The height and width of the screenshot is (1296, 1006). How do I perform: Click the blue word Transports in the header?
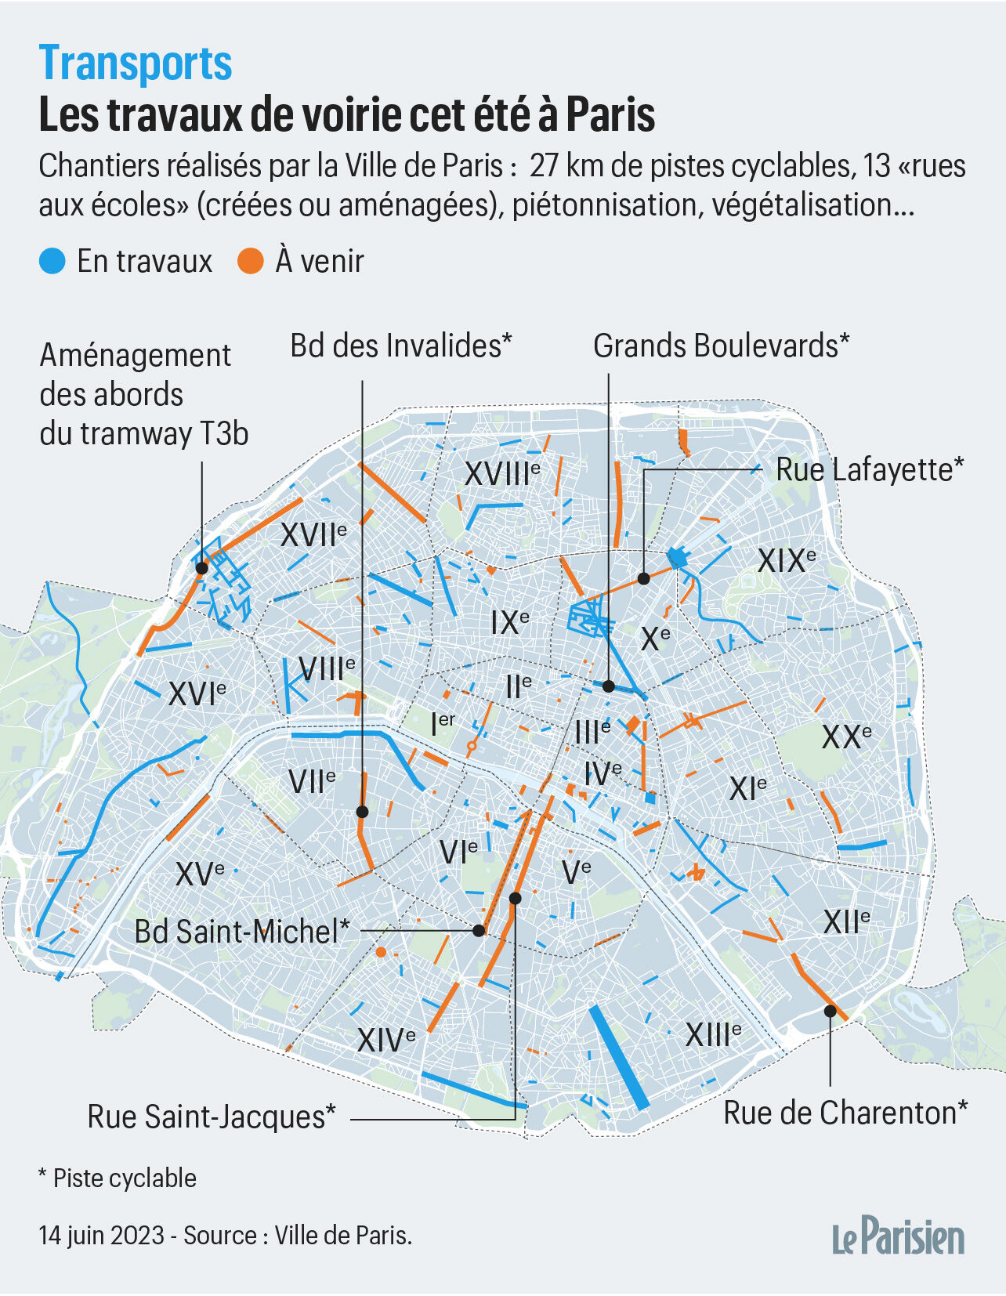(x=136, y=63)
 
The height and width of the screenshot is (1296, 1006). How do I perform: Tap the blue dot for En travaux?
(x=52, y=261)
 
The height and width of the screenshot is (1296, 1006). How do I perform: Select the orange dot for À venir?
(x=250, y=261)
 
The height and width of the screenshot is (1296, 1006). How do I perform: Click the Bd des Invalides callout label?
(x=400, y=346)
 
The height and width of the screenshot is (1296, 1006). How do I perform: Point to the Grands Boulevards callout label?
(x=721, y=346)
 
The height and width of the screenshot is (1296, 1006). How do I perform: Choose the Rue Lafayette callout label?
(x=870, y=469)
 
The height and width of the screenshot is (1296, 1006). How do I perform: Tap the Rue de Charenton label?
(x=845, y=1113)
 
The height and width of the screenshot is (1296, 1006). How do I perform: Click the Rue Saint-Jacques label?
(x=212, y=1117)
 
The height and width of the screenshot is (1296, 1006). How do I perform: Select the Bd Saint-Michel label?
(x=241, y=932)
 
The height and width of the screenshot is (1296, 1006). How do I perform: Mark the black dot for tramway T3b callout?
(x=201, y=568)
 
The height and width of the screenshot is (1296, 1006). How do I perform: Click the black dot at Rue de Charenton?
(x=830, y=1011)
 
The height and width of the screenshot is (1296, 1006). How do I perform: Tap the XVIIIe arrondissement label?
(x=502, y=473)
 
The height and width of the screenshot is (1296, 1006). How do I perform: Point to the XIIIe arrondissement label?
(x=713, y=1034)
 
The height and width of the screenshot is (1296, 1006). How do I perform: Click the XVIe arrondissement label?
(x=197, y=693)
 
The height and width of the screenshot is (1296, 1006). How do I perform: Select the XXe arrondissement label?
(x=846, y=736)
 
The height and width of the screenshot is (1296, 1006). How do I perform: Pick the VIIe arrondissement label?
(x=312, y=780)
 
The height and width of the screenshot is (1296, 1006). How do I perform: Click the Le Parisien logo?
(x=898, y=1237)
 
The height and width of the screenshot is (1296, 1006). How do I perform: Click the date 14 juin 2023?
(x=102, y=1236)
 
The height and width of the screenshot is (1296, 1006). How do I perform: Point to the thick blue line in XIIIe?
(x=619, y=1057)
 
